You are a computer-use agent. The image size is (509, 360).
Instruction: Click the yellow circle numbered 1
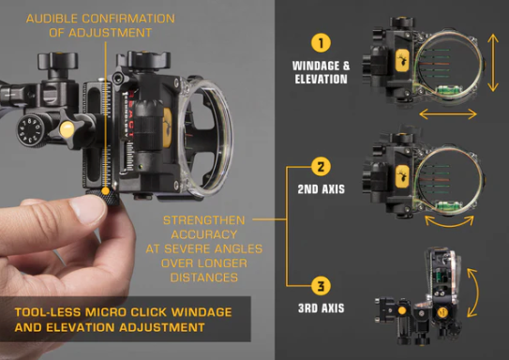click(321, 42)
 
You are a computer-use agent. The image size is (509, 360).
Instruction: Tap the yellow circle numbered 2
click(321, 167)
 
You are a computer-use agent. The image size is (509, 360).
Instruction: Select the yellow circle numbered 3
click(321, 286)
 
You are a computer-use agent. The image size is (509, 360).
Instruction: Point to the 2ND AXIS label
click(321, 189)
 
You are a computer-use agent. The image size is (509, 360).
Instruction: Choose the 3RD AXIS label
click(321, 307)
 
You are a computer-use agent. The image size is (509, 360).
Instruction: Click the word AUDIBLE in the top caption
click(52, 19)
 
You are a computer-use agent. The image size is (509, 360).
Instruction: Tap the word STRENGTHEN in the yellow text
click(203, 220)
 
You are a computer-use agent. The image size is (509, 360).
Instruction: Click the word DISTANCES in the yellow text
click(203, 277)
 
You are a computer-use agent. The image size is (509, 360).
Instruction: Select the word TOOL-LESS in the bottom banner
click(48, 312)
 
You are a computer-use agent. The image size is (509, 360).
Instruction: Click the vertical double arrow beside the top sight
click(493, 63)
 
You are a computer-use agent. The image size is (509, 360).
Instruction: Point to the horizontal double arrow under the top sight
click(448, 113)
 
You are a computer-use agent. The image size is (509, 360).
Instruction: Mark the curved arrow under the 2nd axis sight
click(449, 225)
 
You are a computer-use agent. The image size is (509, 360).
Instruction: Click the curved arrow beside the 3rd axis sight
click(478, 292)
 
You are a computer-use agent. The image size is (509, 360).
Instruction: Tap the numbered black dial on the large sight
click(30, 131)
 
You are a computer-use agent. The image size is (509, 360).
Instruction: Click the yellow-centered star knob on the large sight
click(67, 128)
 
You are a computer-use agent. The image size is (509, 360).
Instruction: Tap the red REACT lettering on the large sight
click(130, 114)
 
